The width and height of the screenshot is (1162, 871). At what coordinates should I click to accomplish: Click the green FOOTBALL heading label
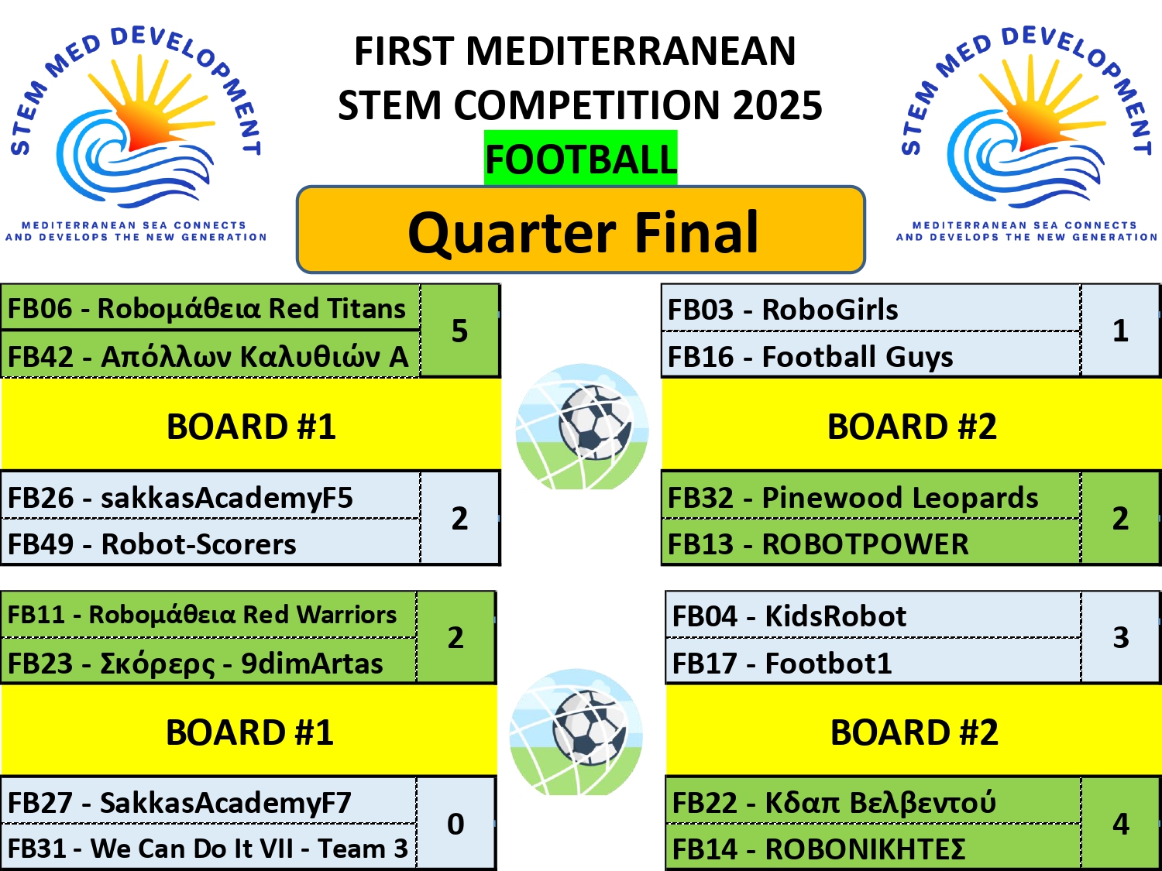coord(581,158)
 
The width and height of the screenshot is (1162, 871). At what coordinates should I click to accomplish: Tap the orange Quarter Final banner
coord(581,229)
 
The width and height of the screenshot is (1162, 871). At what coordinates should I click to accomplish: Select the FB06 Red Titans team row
coord(210,308)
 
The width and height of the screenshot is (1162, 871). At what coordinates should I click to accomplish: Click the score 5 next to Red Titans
coord(459,331)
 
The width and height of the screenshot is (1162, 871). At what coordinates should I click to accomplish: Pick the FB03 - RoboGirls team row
coord(871,309)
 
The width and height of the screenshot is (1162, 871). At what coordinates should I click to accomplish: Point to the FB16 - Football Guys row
coord(871,355)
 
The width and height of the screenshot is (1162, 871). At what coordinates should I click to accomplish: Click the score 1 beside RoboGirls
coord(1120,331)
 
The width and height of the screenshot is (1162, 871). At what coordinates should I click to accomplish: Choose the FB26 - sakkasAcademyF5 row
coord(210,496)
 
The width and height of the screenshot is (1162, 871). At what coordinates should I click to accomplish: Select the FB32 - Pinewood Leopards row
coord(871,496)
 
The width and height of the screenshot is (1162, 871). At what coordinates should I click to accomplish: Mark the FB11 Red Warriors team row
coord(208,615)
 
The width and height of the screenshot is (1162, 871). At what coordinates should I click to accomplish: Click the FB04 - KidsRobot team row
coord(873,615)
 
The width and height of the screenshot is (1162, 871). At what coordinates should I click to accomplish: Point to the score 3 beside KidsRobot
coord(1121,637)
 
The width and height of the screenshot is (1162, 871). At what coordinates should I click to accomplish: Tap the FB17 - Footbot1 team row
coord(873,661)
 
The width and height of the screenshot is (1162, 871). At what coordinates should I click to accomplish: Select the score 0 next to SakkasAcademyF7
coord(456,824)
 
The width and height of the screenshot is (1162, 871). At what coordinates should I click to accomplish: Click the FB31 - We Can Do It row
coord(208,847)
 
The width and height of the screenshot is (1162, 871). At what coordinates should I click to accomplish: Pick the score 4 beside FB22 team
coord(1121,824)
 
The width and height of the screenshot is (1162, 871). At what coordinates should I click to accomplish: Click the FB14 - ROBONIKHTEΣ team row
coord(873,847)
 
